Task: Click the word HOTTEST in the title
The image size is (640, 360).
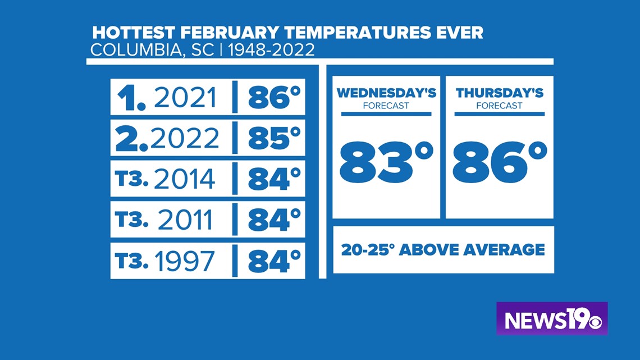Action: (134, 33)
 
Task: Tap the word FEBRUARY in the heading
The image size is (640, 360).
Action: (230, 33)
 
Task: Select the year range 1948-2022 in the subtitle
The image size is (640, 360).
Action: (271, 50)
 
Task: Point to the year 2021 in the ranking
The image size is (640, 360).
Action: (185, 98)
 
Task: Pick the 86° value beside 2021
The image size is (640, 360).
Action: (275, 98)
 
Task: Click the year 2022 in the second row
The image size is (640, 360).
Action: (185, 138)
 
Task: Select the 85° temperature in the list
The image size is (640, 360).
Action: (275, 138)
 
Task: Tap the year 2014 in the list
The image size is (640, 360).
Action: (185, 179)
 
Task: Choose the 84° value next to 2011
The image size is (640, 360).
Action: (275, 220)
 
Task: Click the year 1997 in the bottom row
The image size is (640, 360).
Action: (185, 261)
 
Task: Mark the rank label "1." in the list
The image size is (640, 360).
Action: (131, 98)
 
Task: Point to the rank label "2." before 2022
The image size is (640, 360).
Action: (131, 139)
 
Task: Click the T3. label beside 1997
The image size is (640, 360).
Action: (131, 261)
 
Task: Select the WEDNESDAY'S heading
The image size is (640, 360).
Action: (386, 93)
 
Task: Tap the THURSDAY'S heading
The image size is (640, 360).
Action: (500, 93)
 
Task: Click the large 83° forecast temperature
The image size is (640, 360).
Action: (386, 162)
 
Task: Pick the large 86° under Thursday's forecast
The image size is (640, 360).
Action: (500, 162)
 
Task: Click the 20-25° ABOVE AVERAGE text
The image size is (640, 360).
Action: (444, 250)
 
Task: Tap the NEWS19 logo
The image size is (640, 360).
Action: (552, 319)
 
